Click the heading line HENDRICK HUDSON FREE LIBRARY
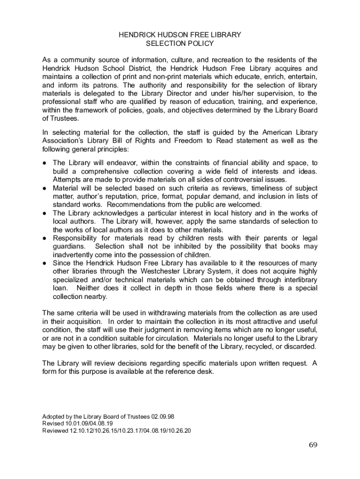(x=180, y=35)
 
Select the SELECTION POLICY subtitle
(x=180, y=44)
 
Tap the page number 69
(x=313, y=444)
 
